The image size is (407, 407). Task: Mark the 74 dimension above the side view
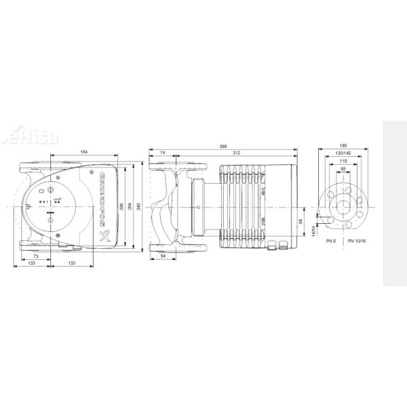(163, 153)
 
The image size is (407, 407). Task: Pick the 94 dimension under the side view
(163, 257)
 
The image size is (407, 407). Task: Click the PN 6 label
(331, 242)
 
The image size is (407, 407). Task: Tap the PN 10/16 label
(356, 242)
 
